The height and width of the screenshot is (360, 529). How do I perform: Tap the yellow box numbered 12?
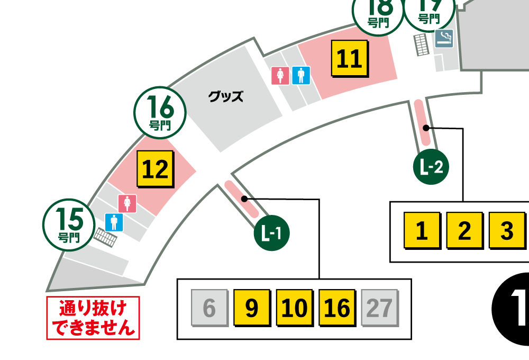[156, 169]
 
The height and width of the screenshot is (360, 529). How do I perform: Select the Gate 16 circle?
[160, 113]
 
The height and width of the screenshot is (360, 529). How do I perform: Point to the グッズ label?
[225, 96]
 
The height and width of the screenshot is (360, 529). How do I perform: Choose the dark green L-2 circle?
[431, 168]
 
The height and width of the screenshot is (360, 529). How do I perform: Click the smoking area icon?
[444, 39]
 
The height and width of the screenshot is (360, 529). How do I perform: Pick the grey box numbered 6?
[209, 308]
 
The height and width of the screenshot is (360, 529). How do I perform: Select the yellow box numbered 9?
[252, 308]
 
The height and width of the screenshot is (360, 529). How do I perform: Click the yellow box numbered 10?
[295, 308]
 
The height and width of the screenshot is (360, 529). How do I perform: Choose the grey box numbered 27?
[379, 308]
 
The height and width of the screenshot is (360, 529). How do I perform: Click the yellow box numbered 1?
[422, 231]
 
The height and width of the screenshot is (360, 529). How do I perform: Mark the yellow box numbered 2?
[464, 231]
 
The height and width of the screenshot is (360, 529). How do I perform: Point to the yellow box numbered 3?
[506, 231]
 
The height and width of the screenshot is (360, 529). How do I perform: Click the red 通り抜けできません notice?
[93, 318]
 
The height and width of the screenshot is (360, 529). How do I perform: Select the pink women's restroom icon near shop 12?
[127, 203]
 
